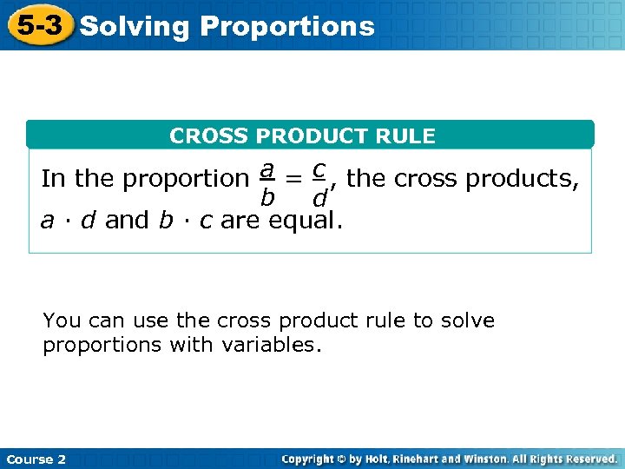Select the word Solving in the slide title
tap(134, 27)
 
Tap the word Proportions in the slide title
tap(287, 27)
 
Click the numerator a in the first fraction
tap(269, 167)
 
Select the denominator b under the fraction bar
tap(268, 198)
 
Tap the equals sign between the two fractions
tap(295, 179)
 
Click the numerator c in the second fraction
tap(319, 167)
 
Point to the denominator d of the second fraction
tap(319, 199)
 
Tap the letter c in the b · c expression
tap(205, 221)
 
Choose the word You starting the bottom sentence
tap(62, 320)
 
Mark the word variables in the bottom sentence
tap(271, 346)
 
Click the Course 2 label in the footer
tap(36, 459)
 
